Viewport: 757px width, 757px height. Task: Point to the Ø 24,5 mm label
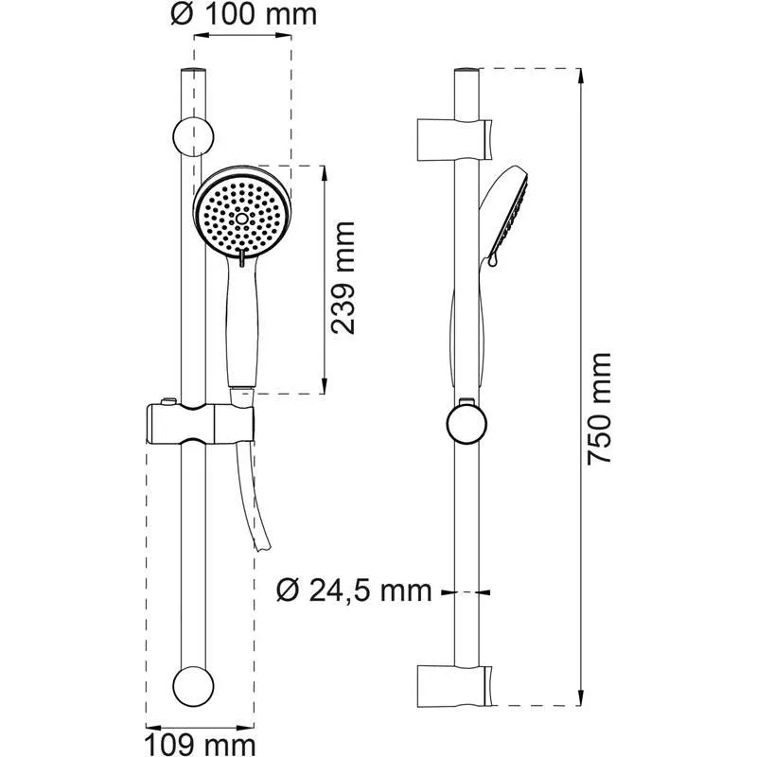354,591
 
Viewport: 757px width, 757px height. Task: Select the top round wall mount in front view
192,134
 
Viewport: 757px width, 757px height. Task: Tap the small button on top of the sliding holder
167,401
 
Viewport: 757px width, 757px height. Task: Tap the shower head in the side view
505,213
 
